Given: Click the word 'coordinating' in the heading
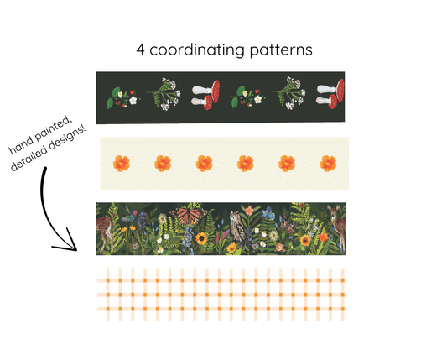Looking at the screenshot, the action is tap(197, 50).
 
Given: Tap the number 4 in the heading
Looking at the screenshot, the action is tap(140, 50).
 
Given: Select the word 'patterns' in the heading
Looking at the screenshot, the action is tap(281, 50).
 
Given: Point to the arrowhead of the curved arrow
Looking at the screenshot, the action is tap(68, 242).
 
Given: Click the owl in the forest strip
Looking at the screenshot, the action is tap(237, 227).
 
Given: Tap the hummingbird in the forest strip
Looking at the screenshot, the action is tap(130, 215).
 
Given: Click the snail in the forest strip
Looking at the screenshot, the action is tap(279, 247).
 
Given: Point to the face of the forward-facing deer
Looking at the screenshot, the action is tap(332, 212).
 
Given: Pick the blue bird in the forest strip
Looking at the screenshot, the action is tap(268, 213).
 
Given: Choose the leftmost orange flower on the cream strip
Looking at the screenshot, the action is tap(122, 164).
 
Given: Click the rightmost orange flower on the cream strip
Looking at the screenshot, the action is tap(328, 164).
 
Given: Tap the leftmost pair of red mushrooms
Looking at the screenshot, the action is tap(205, 94).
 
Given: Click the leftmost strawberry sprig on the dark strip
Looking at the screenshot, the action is tap(123, 97).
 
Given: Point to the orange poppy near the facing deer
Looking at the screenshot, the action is tap(323, 237).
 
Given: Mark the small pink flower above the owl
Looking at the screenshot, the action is tap(249, 211).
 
